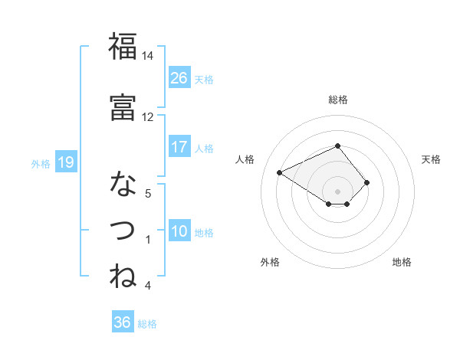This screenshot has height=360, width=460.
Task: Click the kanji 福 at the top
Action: (123, 47)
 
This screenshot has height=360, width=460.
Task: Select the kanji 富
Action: (123, 107)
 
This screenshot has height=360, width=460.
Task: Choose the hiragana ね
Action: (123, 276)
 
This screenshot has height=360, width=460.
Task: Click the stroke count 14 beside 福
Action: (147, 56)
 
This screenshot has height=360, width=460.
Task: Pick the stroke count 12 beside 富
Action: (147, 116)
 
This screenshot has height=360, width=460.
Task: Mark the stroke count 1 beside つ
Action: (147, 240)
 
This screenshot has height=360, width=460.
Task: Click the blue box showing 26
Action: (179, 78)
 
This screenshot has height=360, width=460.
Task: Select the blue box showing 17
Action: (179, 147)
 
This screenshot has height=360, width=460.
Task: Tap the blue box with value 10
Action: (179, 231)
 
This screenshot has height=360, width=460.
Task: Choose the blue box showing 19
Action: (66, 162)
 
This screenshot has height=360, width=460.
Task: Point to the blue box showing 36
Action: (123, 323)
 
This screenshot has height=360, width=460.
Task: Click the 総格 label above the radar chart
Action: (337, 100)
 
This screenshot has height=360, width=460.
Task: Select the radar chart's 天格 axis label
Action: (431, 159)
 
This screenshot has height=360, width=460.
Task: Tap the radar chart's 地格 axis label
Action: (402, 262)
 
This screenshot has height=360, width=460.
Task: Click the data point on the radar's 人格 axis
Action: (280, 172)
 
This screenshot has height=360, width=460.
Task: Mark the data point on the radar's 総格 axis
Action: (337, 146)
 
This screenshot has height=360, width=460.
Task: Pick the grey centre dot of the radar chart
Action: (337, 191)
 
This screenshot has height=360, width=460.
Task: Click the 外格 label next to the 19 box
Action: (41, 163)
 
